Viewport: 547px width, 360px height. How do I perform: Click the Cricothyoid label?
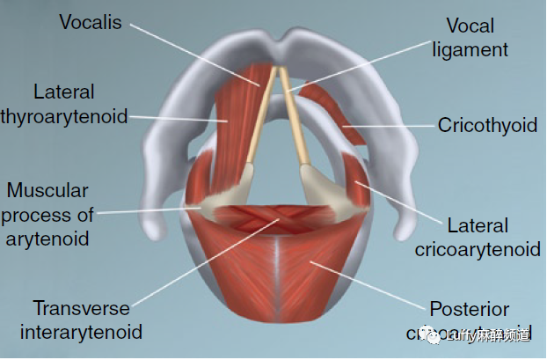click(x=487, y=126)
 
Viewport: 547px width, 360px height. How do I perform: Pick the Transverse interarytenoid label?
click(x=81, y=320)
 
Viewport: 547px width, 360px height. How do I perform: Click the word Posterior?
click(x=470, y=309)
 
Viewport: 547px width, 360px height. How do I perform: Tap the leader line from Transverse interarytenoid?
click(x=202, y=264)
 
